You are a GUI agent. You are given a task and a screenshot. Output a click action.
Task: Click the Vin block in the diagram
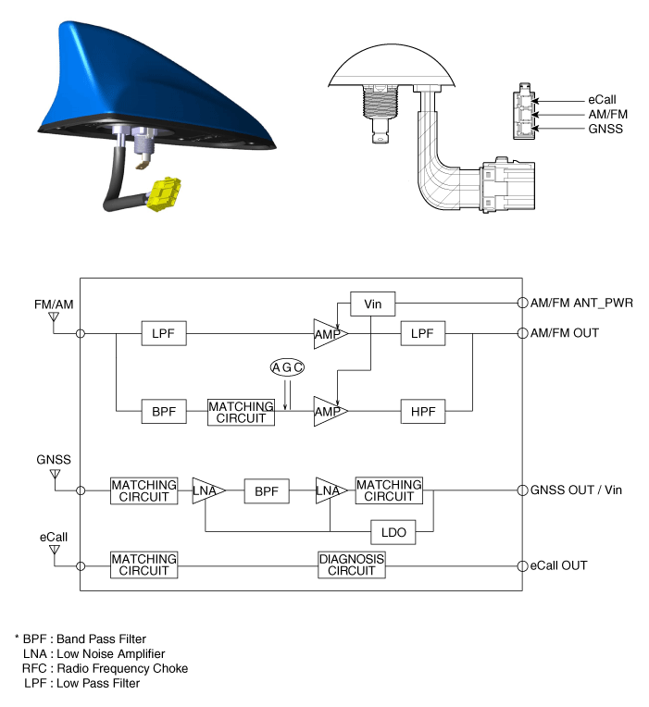[372, 304]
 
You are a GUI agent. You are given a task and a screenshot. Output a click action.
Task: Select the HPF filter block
[423, 411]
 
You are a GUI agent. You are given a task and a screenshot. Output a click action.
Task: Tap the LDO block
[393, 532]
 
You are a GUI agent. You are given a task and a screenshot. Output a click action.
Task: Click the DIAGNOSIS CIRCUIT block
[351, 564]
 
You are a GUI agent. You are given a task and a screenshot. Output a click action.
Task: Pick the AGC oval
[287, 367]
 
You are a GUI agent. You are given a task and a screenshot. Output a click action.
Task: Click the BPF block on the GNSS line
[267, 491]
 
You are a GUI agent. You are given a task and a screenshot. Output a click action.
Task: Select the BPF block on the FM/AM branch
[164, 411]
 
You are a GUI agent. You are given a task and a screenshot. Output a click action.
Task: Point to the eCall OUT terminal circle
[522, 565]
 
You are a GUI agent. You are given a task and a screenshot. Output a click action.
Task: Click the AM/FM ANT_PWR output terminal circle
[522, 303]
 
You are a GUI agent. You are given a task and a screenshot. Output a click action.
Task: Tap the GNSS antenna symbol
[55, 475]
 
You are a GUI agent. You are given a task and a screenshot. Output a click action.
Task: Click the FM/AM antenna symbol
[54, 317]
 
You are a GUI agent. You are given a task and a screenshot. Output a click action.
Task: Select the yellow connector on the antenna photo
[165, 194]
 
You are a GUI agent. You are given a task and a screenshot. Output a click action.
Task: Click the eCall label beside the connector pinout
[602, 100]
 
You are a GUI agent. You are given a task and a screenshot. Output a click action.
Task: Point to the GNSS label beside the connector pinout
[605, 129]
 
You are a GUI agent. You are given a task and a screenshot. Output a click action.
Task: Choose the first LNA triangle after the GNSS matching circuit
[208, 490]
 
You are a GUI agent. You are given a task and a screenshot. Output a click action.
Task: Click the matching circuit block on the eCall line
[144, 564]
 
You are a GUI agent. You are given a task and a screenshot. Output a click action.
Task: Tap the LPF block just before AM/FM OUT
[422, 333]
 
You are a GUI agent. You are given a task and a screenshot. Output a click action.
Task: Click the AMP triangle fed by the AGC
[331, 411]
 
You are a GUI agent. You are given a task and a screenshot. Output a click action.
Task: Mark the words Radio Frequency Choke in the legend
[122, 668]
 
